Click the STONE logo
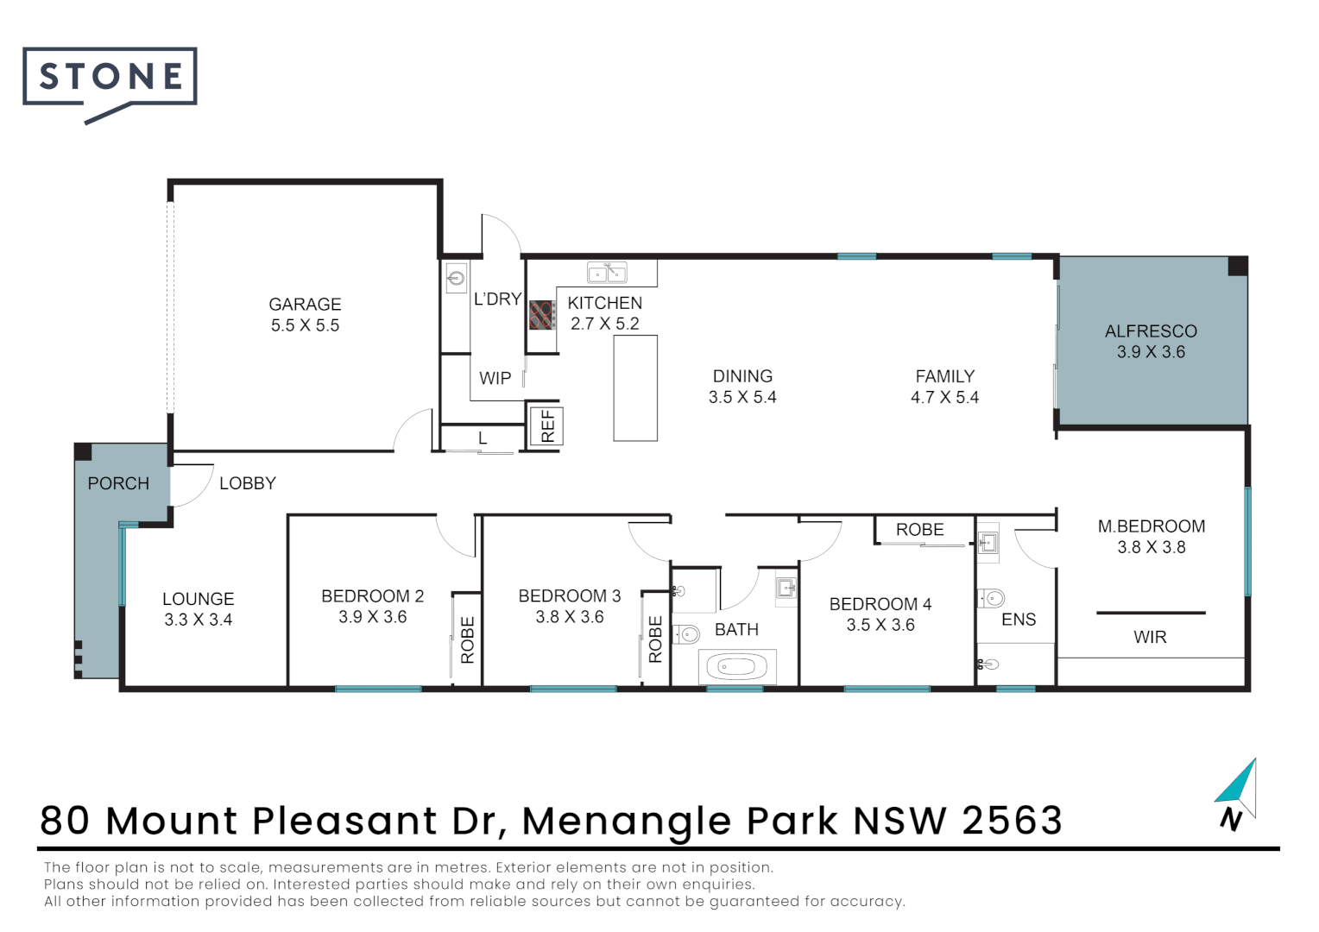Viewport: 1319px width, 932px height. coord(110,79)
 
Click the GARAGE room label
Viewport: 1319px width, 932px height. coord(305,305)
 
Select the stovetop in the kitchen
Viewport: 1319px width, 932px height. coord(541,315)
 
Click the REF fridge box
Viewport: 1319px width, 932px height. coord(546,426)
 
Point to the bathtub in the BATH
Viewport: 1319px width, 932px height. coord(736,666)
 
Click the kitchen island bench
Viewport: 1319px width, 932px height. coord(635,388)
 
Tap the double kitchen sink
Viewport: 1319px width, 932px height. coord(607,273)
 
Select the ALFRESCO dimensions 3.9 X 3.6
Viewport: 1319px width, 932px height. coord(1151,352)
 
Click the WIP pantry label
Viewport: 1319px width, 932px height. coord(495,378)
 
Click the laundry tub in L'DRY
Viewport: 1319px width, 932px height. coord(456,278)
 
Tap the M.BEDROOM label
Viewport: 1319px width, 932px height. coord(1151,526)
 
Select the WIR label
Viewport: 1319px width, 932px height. coord(1150,637)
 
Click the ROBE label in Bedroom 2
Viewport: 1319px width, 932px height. coord(467,639)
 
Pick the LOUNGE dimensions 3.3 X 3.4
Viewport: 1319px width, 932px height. coord(199,620)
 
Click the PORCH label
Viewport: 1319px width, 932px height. coord(118,483)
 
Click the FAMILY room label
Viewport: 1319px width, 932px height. coord(944,376)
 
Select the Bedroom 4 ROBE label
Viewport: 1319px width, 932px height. coord(919,530)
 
